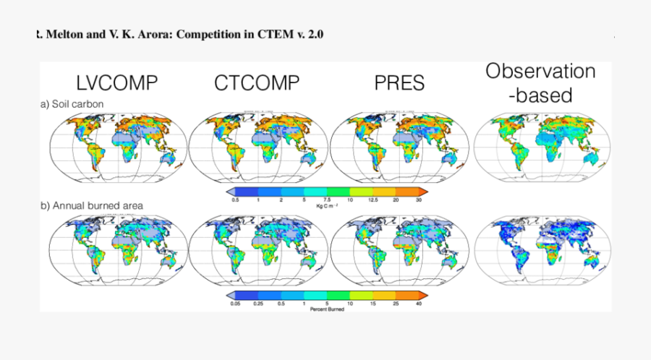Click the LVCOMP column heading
click(117, 83)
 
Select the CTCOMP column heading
click(256, 83)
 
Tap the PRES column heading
click(399, 83)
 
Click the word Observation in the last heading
click(540, 72)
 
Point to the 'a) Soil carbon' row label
click(72, 104)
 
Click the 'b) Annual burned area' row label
click(92, 205)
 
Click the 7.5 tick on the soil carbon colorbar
click(327, 200)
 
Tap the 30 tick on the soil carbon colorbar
click(419, 200)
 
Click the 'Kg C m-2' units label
click(327, 206)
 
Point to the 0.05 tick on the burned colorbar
click(235, 304)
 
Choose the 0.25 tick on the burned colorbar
click(258, 304)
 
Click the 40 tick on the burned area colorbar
click(419, 304)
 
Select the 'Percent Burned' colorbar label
click(327, 310)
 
